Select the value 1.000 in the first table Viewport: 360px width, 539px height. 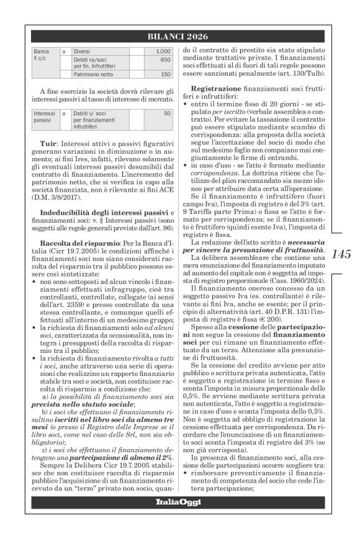pos(163,51)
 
